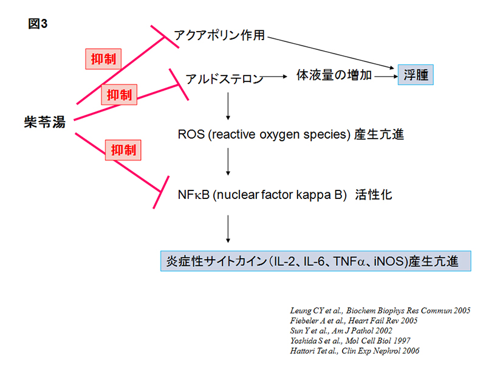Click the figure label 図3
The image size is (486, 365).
coord(38,24)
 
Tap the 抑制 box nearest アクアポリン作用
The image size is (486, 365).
coord(101,58)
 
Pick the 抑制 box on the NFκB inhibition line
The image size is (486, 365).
coord(122,150)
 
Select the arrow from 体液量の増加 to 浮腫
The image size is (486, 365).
coord(385,77)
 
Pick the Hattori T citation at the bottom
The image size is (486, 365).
coord(355,351)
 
